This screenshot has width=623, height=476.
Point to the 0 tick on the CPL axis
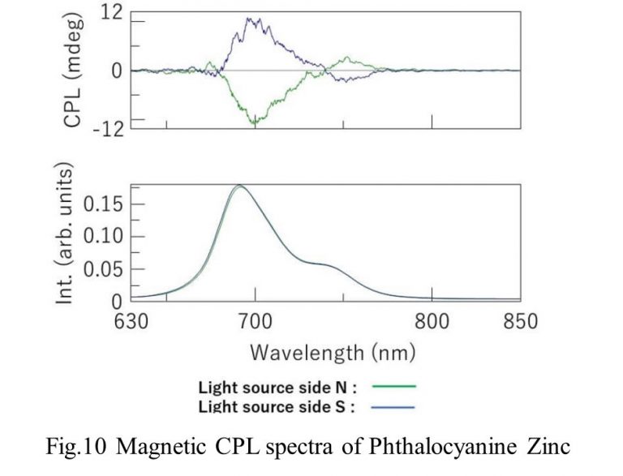(x=117, y=71)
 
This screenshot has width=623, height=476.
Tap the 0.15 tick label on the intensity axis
(x=101, y=204)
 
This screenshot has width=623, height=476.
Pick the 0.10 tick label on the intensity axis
(x=101, y=236)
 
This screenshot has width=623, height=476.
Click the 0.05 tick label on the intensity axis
(x=101, y=268)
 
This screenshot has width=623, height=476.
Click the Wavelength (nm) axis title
(x=333, y=353)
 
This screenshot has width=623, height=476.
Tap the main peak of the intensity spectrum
(x=239, y=186)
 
